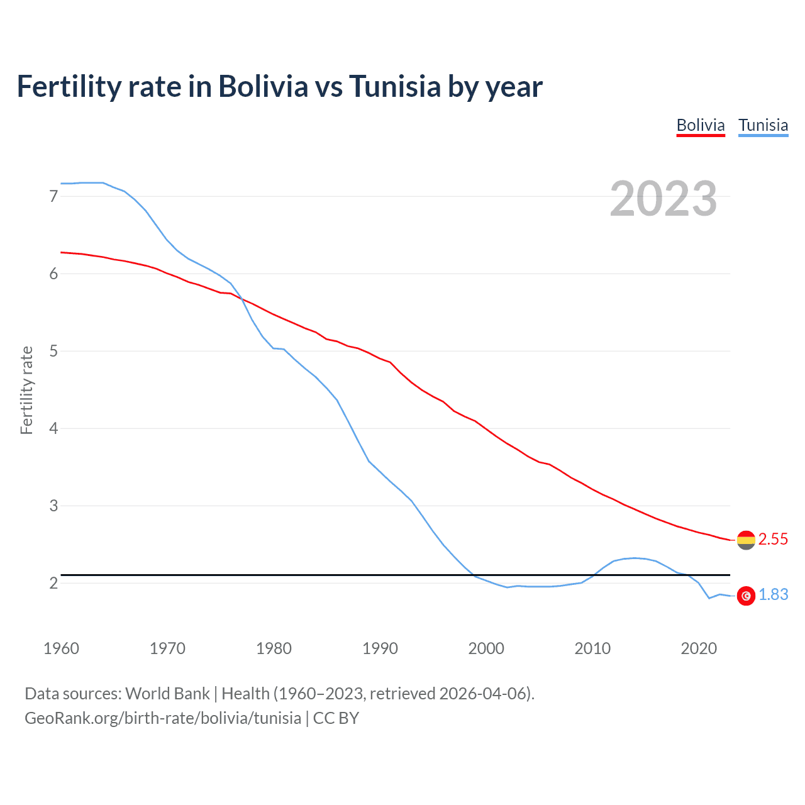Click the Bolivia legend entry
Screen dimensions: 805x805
(x=701, y=125)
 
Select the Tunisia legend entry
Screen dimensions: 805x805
(x=763, y=125)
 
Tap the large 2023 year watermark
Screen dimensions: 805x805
(x=663, y=199)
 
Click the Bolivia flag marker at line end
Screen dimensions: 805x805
(x=746, y=540)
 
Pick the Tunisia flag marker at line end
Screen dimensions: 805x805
(x=746, y=596)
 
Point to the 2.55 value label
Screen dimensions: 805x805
(x=773, y=540)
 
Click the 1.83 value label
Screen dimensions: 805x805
(x=773, y=595)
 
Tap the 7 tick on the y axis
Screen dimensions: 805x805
(x=53, y=197)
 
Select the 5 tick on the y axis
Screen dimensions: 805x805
(x=53, y=352)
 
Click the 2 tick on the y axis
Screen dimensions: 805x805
(x=53, y=584)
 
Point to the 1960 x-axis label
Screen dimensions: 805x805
(x=61, y=648)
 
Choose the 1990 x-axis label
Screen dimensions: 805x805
(x=380, y=648)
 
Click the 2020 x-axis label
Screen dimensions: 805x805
(x=699, y=648)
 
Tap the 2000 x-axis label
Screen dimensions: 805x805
(x=486, y=648)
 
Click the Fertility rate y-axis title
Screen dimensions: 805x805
(x=26, y=390)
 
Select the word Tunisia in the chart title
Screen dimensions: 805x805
(x=395, y=87)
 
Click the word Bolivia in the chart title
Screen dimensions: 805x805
(x=263, y=87)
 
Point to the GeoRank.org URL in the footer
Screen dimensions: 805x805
(x=162, y=718)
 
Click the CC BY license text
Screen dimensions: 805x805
(x=336, y=718)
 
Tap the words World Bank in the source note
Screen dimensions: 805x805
(x=167, y=694)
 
